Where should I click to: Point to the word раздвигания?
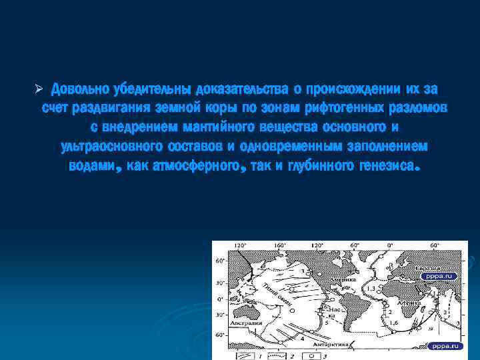pos(107,108)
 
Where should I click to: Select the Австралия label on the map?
pos(246,323)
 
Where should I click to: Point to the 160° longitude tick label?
pos(281,246)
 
